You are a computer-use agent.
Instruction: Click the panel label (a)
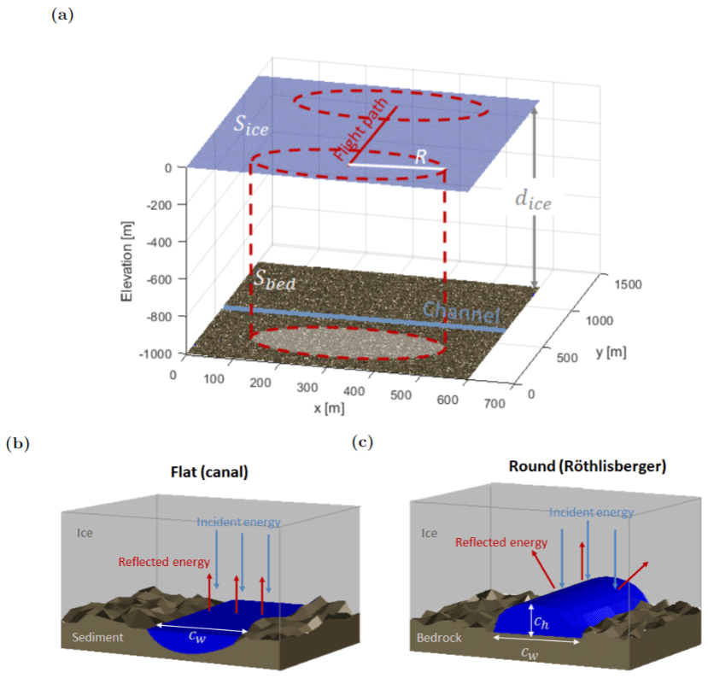pyautogui.click(x=62, y=15)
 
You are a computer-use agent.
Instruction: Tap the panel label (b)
pyautogui.click(x=16, y=443)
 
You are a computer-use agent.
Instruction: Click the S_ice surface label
pyautogui.click(x=252, y=124)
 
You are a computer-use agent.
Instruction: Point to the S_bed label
pyautogui.click(x=274, y=279)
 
